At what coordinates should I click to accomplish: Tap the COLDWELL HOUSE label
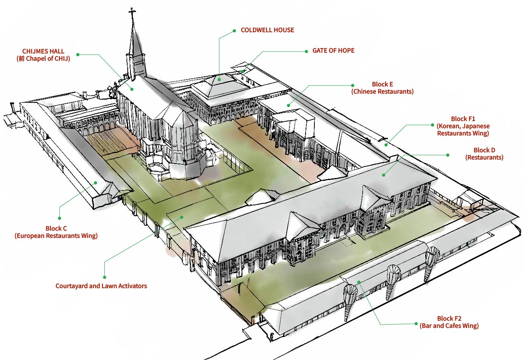point(267,30)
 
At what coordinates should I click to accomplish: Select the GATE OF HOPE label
point(333,51)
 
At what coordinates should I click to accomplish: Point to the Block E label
point(382,88)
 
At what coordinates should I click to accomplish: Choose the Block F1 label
point(463,126)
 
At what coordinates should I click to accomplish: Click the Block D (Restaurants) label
point(484,154)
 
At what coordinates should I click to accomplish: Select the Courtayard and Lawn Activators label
point(101,286)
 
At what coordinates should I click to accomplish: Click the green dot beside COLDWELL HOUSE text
point(234,31)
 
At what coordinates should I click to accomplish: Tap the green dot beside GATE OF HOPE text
point(306,51)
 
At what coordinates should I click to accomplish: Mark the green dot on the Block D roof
point(384,175)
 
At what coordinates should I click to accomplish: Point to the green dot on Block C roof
point(96,183)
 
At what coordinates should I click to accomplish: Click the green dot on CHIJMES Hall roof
point(132,89)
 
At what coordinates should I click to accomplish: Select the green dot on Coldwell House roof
point(219,80)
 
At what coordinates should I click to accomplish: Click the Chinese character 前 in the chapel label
point(21,59)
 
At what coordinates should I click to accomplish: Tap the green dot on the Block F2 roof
point(359,282)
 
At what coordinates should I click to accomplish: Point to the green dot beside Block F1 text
point(432,125)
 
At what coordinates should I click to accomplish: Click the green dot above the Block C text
point(60,218)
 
